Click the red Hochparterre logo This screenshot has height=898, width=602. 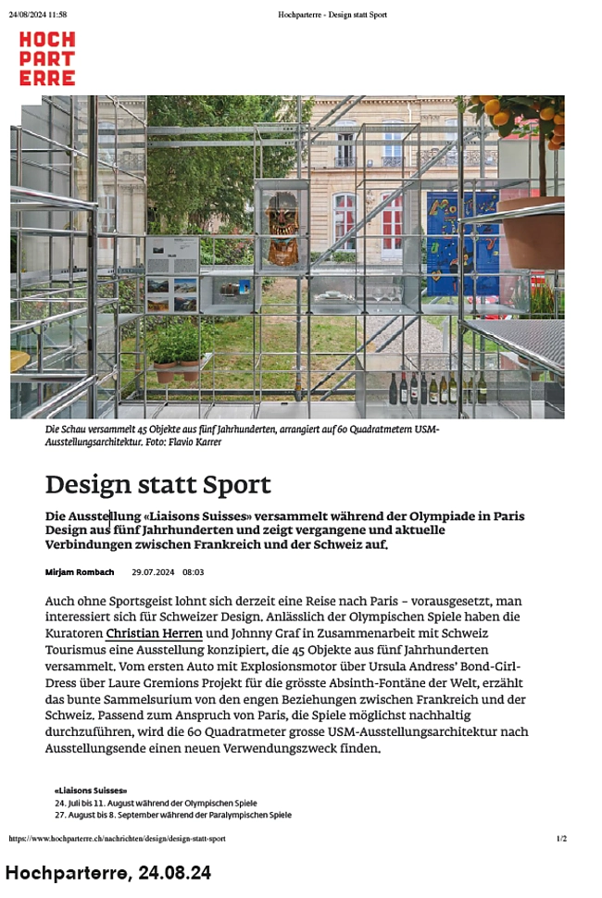(47, 58)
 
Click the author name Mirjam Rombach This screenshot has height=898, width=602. (79, 573)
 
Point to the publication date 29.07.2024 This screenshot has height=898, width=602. (153, 573)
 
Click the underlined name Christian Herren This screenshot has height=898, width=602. (154, 634)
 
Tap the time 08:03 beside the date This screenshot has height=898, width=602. (194, 573)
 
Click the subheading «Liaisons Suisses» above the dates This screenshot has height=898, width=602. (91, 791)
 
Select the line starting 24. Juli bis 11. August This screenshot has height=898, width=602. (156, 803)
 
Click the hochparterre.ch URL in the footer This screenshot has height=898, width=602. (117, 839)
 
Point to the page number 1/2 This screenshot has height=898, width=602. (561, 839)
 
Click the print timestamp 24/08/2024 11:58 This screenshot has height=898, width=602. (38, 15)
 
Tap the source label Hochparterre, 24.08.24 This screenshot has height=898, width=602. (107, 872)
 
